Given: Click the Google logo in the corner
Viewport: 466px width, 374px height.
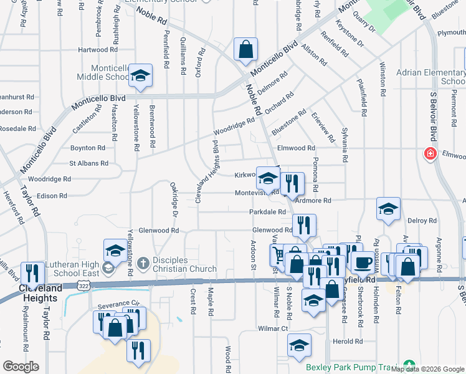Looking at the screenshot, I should click(x=21, y=367).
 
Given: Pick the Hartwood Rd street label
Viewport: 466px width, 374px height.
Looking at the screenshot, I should click(x=98, y=50).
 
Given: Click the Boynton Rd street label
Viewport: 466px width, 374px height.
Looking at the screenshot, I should click(x=87, y=148).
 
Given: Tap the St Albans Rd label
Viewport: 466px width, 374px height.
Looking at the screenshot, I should click(x=88, y=163).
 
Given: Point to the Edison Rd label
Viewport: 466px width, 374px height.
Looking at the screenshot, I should click(x=52, y=196).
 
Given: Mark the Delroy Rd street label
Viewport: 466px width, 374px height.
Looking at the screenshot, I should click(x=422, y=221).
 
